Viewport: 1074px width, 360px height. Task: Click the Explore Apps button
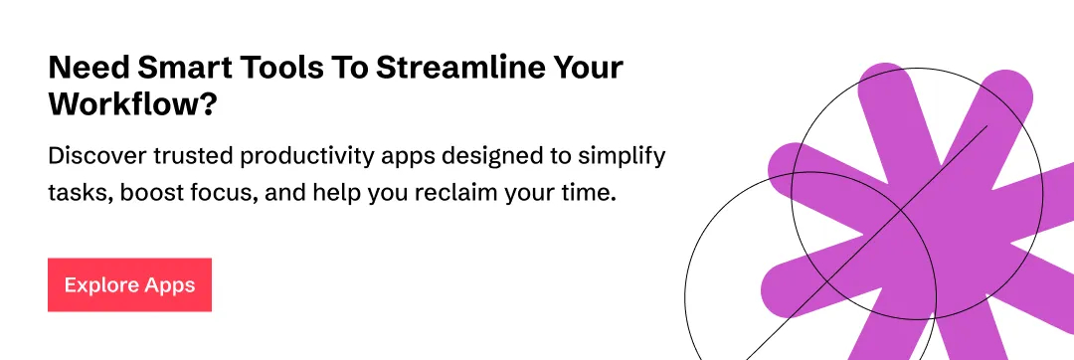129,285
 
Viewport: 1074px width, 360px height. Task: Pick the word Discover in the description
91,157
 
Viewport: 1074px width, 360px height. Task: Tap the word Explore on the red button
101,285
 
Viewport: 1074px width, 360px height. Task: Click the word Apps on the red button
169,285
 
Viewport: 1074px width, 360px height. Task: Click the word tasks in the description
80,192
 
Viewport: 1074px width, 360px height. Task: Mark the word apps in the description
411,157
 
